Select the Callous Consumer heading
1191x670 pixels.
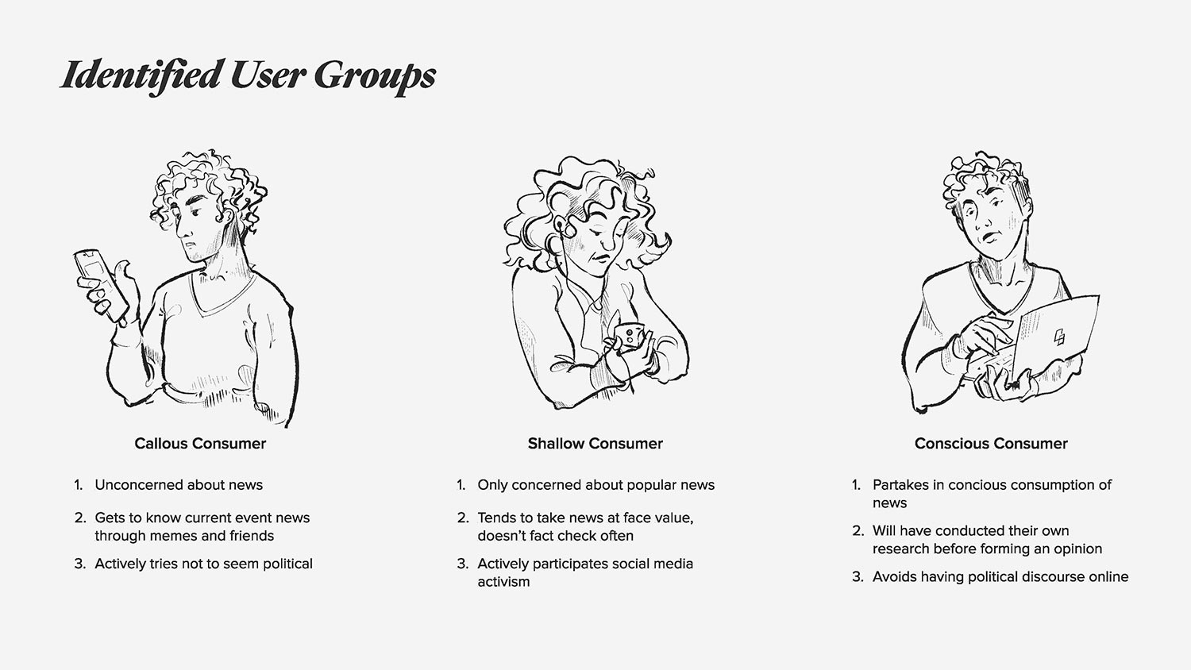point(200,444)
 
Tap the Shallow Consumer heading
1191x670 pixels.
point(595,444)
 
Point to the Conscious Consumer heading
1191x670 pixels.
point(991,444)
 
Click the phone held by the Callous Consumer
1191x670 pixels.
point(101,284)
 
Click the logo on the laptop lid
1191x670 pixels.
point(1059,337)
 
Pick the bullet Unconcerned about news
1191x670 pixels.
point(179,485)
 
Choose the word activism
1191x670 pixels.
point(503,582)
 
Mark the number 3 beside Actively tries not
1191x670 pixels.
point(79,564)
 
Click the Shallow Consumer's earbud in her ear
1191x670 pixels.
point(560,228)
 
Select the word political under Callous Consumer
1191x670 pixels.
point(287,564)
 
